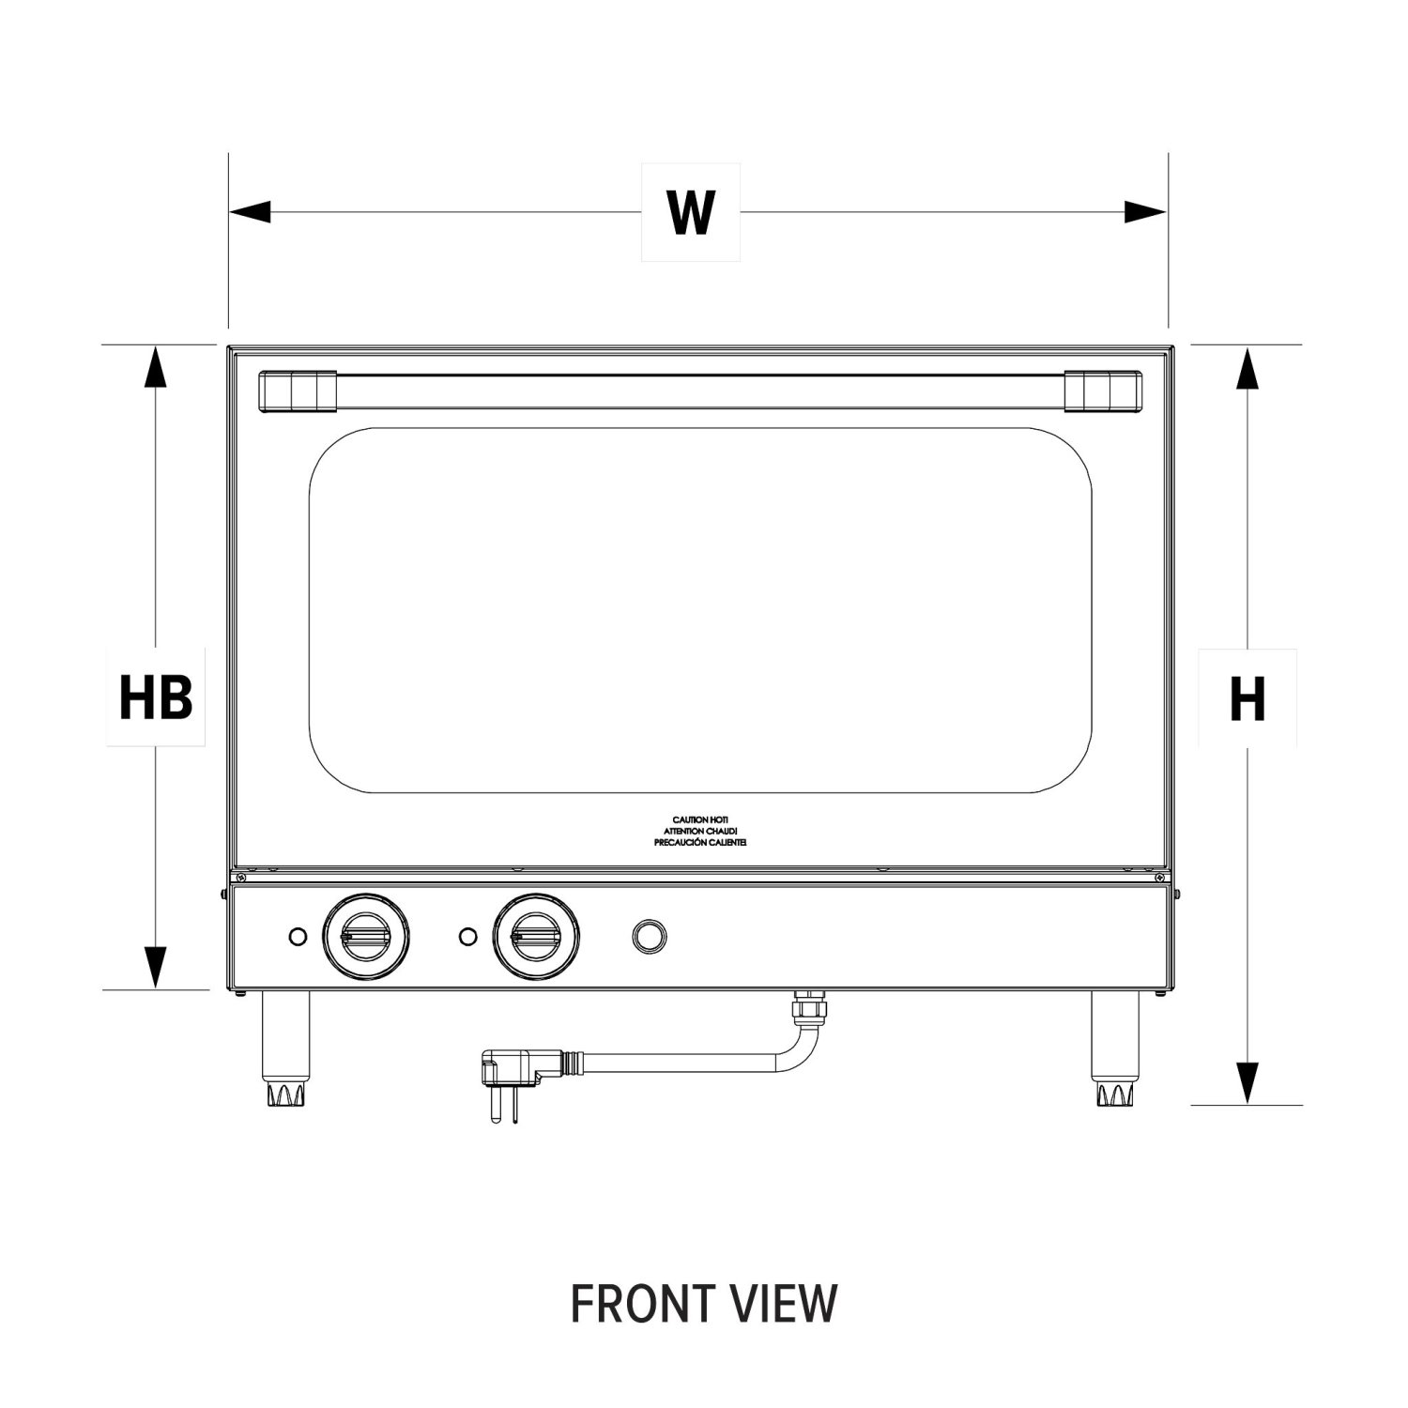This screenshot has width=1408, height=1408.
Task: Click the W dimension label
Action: (691, 212)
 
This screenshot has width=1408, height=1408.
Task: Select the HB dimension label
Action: (156, 698)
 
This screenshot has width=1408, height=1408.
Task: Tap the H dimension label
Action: (1247, 699)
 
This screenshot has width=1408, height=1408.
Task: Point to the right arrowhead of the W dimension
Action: (1146, 212)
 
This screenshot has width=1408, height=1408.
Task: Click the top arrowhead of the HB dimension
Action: (156, 367)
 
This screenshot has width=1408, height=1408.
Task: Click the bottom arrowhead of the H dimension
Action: (1247, 1082)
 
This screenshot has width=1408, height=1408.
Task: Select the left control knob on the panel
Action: (366, 936)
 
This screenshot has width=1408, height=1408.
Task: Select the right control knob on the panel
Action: (536, 936)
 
